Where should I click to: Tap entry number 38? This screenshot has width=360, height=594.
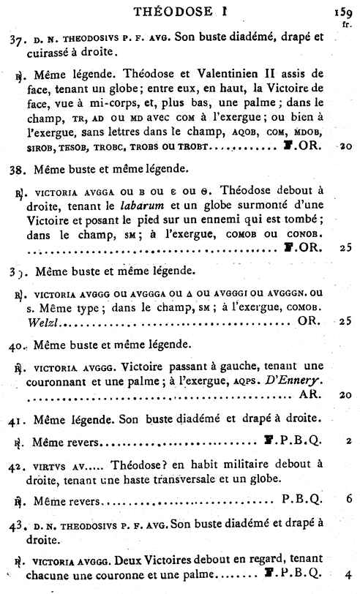pyautogui.click(x=15, y=169)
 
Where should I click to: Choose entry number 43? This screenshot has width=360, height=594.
pyautogui.click(x=15, y=528)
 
